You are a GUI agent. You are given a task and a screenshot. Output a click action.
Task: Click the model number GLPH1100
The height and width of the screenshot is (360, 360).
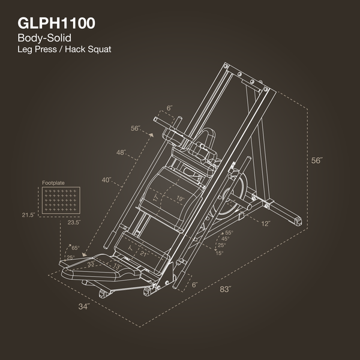[56, 24]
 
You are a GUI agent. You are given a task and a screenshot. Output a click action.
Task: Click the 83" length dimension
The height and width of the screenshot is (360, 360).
[226, 290]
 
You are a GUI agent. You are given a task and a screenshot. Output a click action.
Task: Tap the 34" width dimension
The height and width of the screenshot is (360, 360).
[83, 307]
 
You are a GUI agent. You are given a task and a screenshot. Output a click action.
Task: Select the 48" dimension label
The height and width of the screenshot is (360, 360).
[122, 152]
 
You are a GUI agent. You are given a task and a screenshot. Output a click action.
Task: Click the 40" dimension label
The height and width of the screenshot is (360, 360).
[107, 179]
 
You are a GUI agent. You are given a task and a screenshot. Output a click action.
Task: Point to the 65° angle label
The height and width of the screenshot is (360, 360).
[76, 247]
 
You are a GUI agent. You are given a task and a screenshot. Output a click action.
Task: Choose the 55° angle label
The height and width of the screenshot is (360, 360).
[228, 232]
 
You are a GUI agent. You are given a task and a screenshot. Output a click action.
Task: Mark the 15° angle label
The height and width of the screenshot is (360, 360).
[220, 253]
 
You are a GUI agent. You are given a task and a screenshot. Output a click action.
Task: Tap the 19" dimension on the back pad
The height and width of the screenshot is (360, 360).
[180, 199]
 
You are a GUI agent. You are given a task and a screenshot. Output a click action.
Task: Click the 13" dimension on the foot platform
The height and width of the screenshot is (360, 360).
[118, 266]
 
